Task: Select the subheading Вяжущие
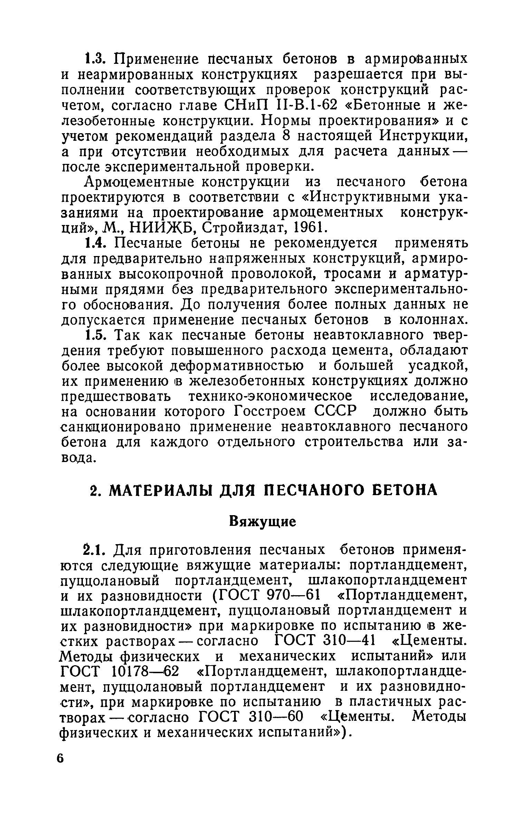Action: click(x=263, y=522)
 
